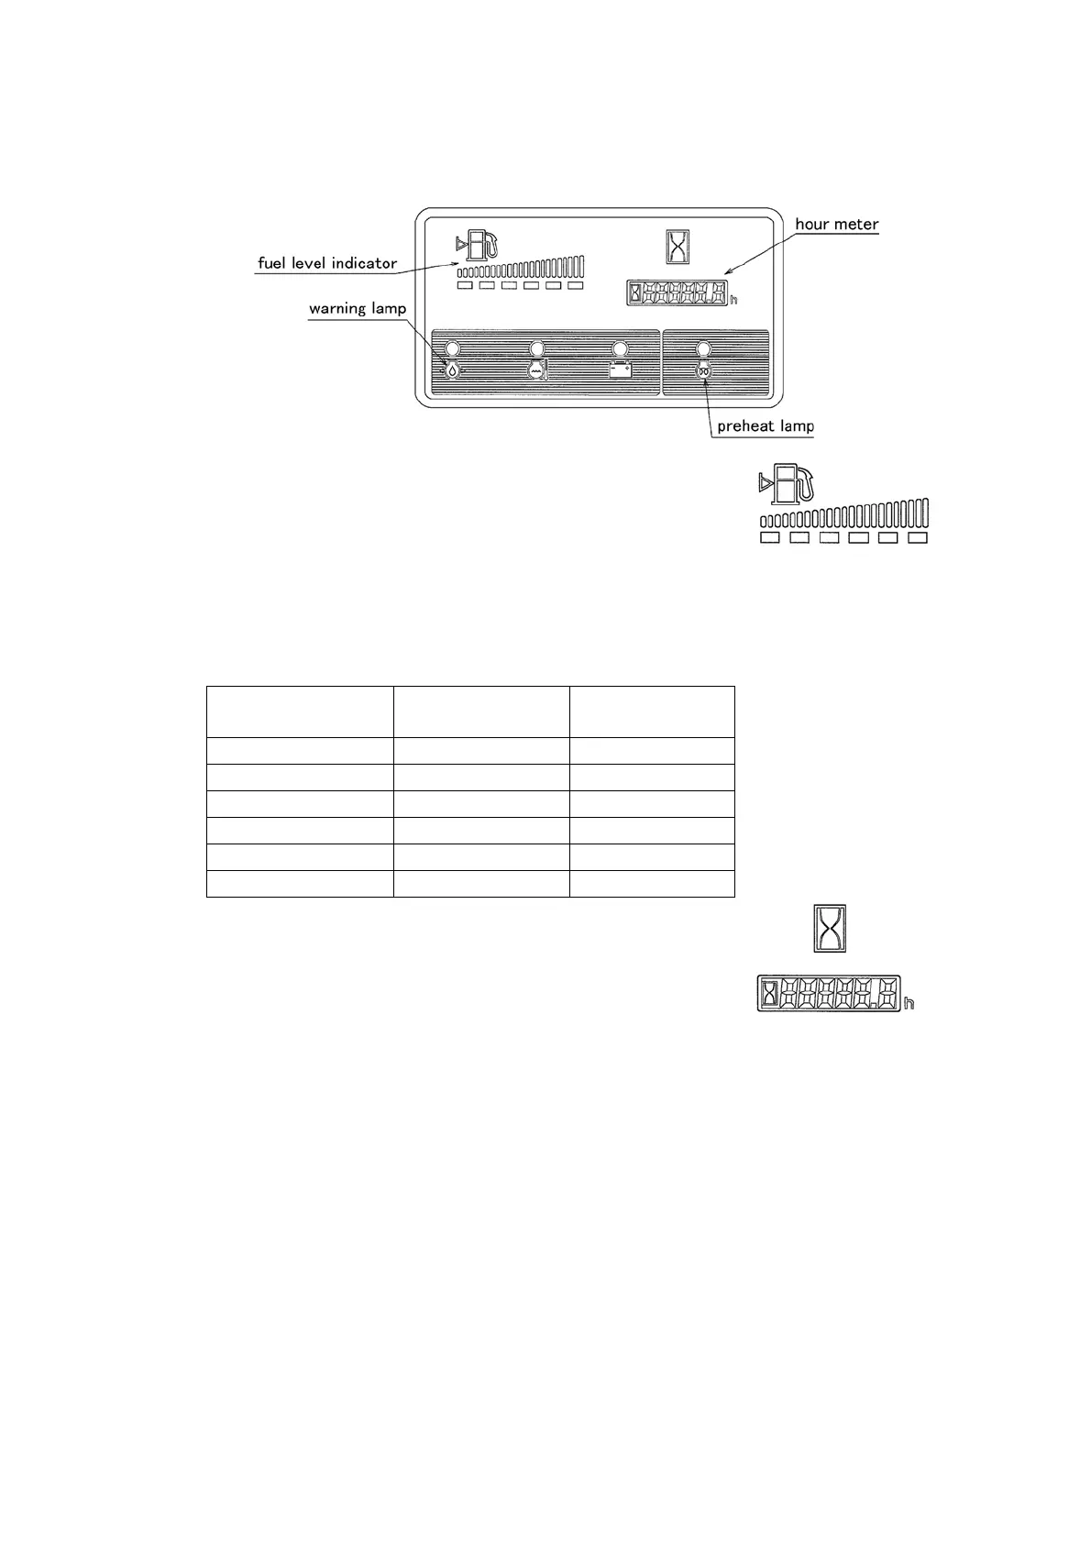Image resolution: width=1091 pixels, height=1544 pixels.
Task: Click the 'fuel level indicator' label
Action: click(x=327, y=263)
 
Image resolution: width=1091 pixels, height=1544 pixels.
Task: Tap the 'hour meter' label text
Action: click(x=836, y=224)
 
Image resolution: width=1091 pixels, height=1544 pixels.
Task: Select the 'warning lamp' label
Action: click(x=357, y=308)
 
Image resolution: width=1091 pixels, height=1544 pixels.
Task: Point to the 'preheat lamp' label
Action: click(x=766, y=426)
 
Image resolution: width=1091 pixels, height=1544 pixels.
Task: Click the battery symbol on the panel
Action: click(x=621, y=369)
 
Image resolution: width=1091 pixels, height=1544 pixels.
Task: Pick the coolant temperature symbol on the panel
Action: click(x=536, y=369)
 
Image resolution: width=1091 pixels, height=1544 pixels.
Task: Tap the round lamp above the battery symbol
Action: click(x=621, y=348)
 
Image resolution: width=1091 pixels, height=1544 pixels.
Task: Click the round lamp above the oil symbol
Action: click(x=452, y=348)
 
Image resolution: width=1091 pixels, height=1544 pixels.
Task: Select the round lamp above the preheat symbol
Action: click(x=703, y=348)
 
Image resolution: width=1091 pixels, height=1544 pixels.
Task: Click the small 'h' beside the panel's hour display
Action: click(x=733, y=300)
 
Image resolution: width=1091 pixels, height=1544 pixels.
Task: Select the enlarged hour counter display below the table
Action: click(x=828, y=993)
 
